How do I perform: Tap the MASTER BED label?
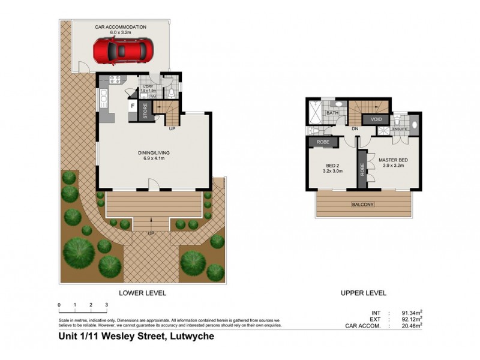pyautogui.click(x=393, y=160)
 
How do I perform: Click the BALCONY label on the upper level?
pyautogui.click(x=362, y=205)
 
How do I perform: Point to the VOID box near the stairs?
pyautogui.click(x=377, y=119)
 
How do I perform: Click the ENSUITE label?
pyautogui.click(x=400, y=128)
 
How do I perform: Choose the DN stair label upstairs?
pyautogui.click(x=355, y=128)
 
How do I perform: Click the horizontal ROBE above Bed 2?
pyautogui.click(x=323, y=142)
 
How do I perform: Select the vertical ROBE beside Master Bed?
pyautogui.click(x=362, y=169)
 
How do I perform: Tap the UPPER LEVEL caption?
pyautogui.click(x=364, y=293)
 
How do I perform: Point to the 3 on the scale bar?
pyautogui.click(x=106, y=305)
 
